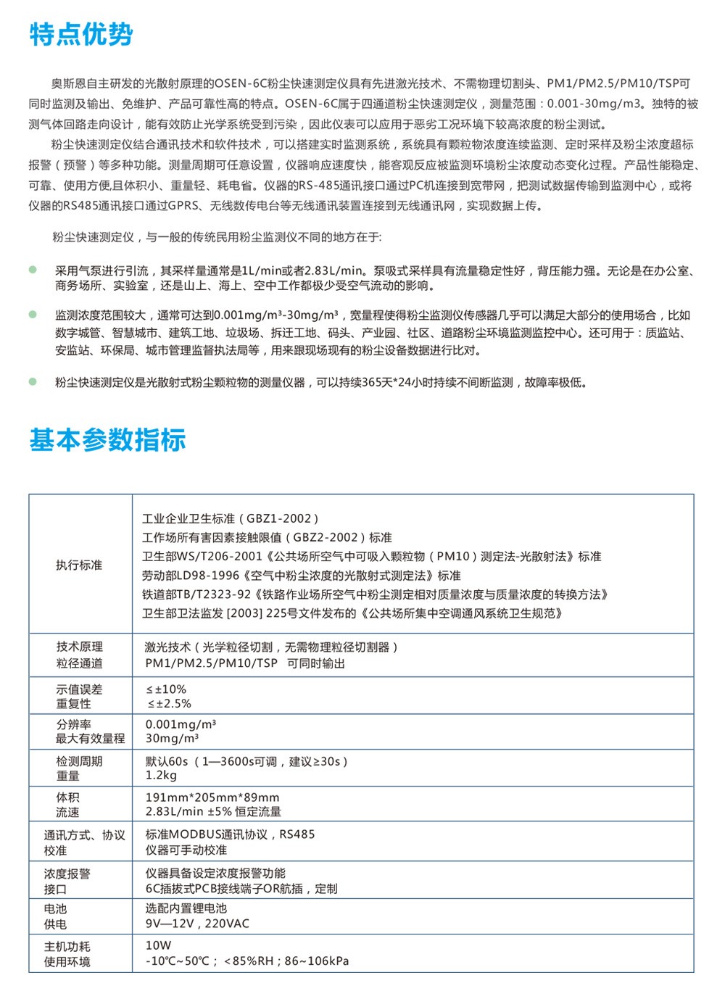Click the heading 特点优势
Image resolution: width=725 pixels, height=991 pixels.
[81, 34]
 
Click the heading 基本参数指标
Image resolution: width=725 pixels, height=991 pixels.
[107, 440]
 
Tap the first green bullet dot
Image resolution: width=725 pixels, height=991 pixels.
[33, 270]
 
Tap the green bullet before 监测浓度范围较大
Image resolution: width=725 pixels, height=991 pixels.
[33, 315]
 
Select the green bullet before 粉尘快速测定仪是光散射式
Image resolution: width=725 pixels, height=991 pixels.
[33, 381]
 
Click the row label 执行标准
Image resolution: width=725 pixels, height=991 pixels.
[79, 565]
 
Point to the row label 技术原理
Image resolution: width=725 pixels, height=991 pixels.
[79, 647]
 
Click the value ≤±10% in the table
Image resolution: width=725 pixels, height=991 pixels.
[166, 689]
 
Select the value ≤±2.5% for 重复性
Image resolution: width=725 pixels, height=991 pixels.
[169, 704]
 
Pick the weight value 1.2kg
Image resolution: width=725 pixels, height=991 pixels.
[161, 776]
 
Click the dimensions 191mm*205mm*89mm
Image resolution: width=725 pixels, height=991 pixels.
[212, 797]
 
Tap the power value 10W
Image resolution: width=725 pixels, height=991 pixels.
[158, 945]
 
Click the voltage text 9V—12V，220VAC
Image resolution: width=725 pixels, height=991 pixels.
[197, 924]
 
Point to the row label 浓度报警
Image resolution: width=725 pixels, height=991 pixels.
[67, 874]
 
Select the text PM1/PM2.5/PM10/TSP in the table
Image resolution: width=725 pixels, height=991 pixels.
[211, 663]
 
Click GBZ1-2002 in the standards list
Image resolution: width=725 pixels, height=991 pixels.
[278, 519]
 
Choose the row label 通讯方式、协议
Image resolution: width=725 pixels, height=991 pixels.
[84, 835]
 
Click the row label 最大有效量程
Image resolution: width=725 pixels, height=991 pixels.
[90, 739]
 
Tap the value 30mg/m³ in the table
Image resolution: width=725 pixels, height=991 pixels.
[172, 739]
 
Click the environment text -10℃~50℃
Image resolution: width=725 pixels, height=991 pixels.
[177, 961]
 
